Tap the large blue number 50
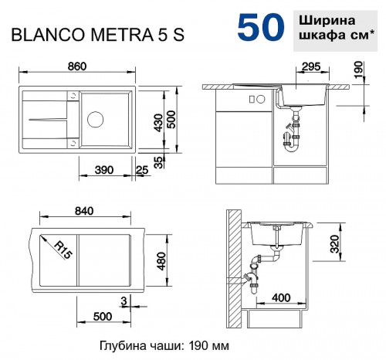pos(259,27)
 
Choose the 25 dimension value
pos(141,169)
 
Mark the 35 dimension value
pos(158,161)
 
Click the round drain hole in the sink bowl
pos(95,120)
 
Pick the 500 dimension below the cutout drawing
pos(104,317)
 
